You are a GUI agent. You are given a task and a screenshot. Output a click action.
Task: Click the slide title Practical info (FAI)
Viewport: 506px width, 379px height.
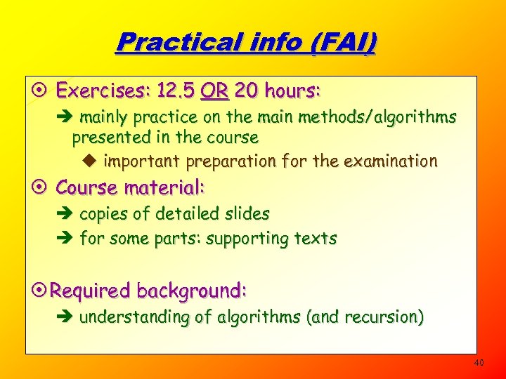(246, 42)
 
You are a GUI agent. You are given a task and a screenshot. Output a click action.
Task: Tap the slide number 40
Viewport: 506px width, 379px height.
(479, 363)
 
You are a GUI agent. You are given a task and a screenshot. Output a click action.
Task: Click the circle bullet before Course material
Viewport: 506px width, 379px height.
(41, 188)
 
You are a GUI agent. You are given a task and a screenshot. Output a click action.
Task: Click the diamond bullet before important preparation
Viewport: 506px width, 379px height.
(96, 161)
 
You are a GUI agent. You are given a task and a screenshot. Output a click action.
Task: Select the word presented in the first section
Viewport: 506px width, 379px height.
(105, 137)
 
